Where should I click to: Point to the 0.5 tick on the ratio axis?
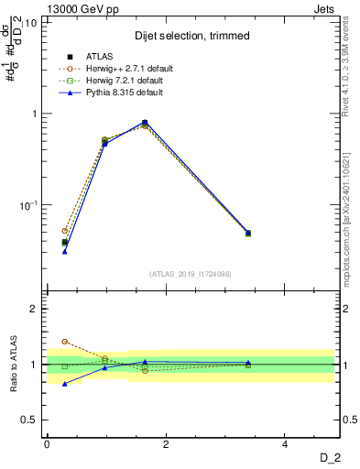(31, 420)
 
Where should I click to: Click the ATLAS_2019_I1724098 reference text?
(190, 273)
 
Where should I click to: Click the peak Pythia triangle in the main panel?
(145, 122)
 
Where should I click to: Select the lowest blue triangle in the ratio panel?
(65, 384)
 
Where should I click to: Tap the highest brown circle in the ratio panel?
(65, 342)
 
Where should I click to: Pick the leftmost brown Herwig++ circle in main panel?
(65, 231)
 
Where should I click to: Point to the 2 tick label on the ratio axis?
(35, 309)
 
